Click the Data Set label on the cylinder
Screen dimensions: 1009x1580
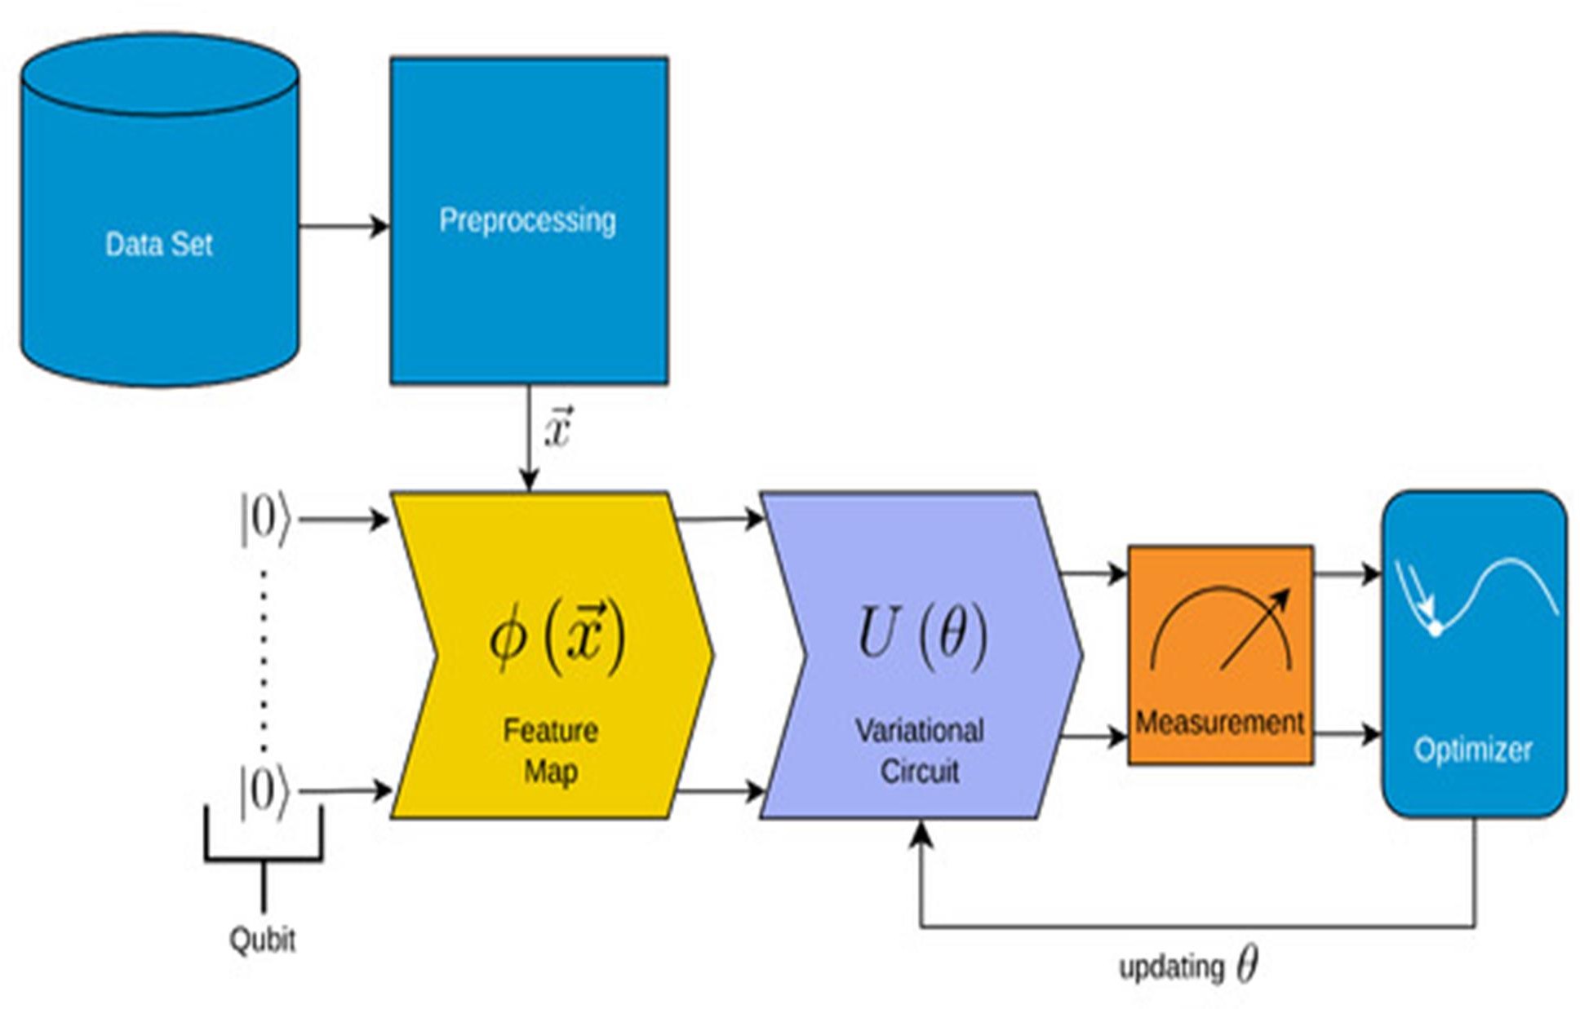[158, 244]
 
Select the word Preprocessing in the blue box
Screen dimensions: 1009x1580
[527, 220]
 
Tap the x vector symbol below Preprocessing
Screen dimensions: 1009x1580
[558, 428]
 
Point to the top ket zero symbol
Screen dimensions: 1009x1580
[264, 519]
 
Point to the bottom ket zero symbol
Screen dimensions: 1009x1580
[264, 790]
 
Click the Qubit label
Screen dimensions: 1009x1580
[262, 940]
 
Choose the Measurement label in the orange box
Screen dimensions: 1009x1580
[1219, 723]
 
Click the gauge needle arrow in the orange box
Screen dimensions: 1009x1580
[1255, 629]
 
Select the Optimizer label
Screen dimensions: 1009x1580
[1472, 749]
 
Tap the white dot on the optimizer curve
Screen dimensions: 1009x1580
[1435, 629]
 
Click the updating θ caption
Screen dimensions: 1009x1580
[1187, 967]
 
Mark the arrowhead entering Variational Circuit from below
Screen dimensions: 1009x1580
[921, 834]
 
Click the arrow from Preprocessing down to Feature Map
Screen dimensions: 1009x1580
[529, 440]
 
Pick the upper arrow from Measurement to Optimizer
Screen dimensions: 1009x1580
[1347, 574]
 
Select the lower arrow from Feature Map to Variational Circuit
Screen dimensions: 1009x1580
[718, 790]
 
